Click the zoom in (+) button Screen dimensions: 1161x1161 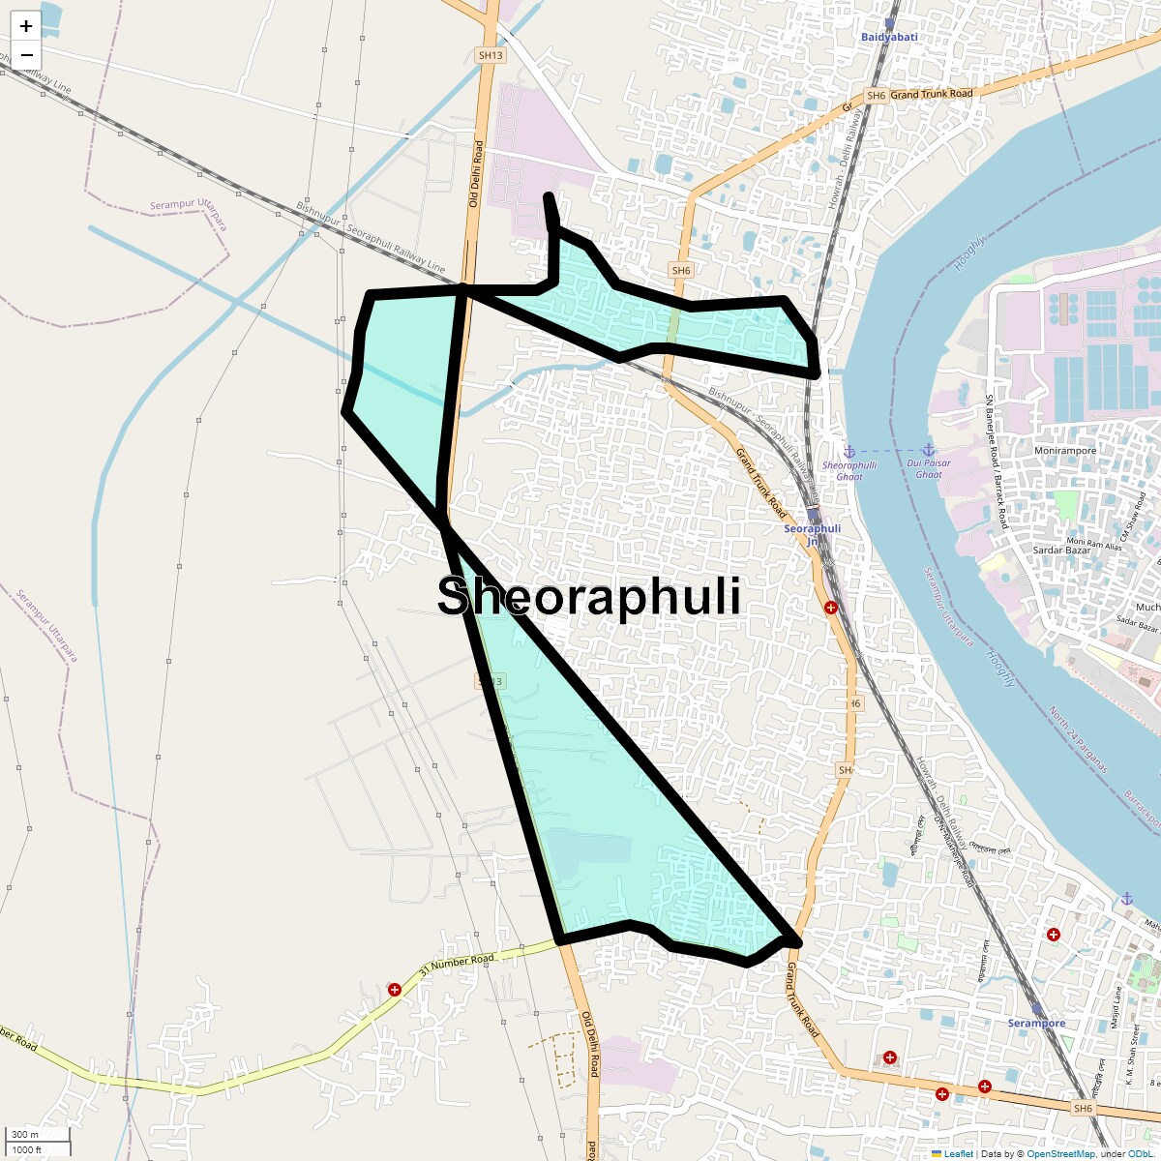click(x=26, y=26)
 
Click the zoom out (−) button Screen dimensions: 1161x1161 click(x=26, y=55)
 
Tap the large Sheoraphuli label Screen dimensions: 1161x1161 click(x=589, y=596)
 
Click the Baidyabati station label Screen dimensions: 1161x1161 click(x=889, y=37)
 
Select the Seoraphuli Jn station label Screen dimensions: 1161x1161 click(x=812, y=529)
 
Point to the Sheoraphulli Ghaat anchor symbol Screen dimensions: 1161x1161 click(x=849, y=452)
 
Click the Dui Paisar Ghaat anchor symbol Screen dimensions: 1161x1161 click(x=928, y=450)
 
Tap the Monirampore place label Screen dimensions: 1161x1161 click(x=1065, y=451)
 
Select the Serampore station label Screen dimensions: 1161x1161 click(x=1036, y=1023)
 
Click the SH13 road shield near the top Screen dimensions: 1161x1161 click(x=491, y=55)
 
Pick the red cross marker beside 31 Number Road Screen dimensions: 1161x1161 click(x=395, y=989)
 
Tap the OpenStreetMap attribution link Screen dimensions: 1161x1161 click(x=1060, y=1153)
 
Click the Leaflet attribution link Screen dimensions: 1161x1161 click(x=958, y=1153)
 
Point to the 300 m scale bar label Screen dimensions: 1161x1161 click(x=26, y=1135)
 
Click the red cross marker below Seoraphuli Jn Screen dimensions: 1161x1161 click(x=830, y=608)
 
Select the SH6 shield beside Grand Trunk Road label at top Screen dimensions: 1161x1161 click(x=876, y=96)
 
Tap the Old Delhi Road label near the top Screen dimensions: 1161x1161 click(x=475, y=173)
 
